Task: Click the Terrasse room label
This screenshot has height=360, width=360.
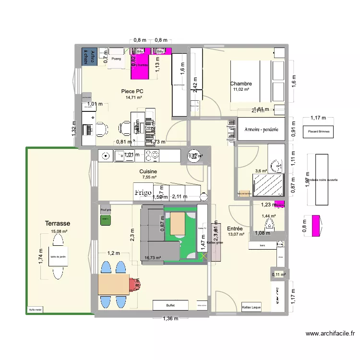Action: (x=58, y=224)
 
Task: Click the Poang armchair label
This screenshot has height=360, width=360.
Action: (x=116, y=59)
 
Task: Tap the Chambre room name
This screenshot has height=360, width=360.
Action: (x=241, y=84)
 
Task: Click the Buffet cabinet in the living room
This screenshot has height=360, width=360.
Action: (x=170, y=305)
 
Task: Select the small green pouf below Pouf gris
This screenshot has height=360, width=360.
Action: (x=105, y=220)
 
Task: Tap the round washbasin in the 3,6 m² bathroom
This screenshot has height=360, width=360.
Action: (x=276, y=166)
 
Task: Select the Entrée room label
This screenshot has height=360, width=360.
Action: (x=235, y=228)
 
